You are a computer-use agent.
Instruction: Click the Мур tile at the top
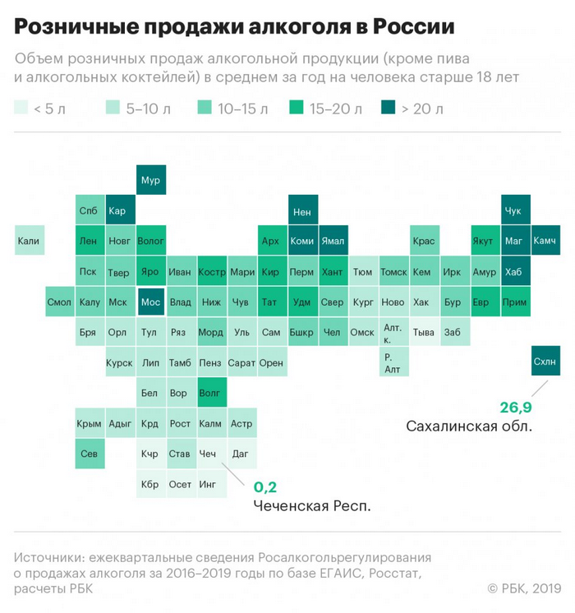[x=150, y=180]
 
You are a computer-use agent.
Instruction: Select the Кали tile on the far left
[x=29, y=241]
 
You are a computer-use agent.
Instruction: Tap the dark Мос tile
[x=150, y=302]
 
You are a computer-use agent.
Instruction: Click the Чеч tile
[x=210, y=454]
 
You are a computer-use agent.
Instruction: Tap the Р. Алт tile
[x=393, y=362]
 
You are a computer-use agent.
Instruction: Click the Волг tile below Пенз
[x=210, y=393]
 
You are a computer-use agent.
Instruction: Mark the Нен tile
[x=301, y=210]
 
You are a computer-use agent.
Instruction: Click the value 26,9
[x=516, y=408]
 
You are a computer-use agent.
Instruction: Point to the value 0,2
[x=265, y=486]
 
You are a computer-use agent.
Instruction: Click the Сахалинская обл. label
[x=469, y=426]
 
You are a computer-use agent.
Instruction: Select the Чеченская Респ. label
[x=311, y=505]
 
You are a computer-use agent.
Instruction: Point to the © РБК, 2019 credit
[x=524, y=588]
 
